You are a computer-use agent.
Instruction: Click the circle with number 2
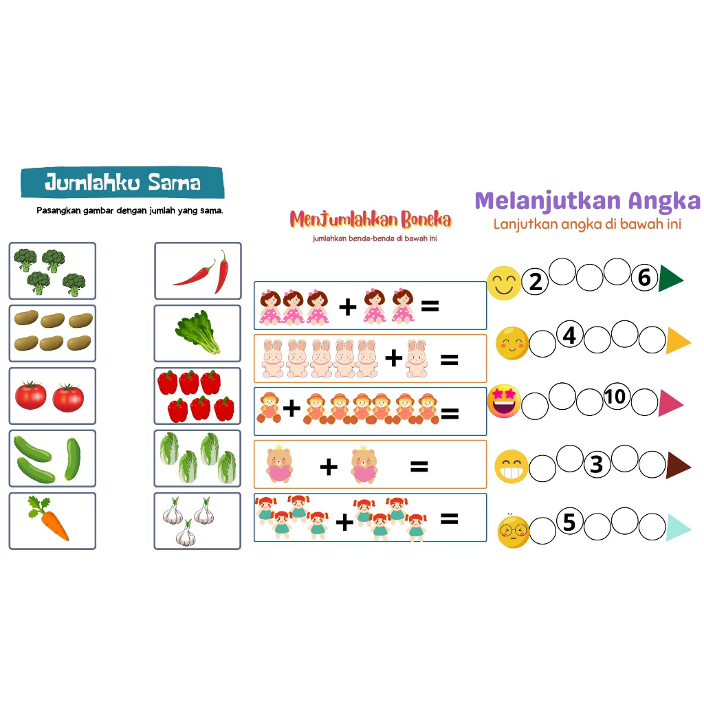tap(536, 281)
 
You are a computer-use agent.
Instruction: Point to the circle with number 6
tap(644, 277)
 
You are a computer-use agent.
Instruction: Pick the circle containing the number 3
tap(597, 464)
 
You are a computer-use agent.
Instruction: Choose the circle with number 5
tap(569, 522)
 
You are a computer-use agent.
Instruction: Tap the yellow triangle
tap(676, 341)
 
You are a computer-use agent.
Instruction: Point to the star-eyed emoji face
tap(504, 402)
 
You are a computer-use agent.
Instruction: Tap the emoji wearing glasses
tap(513, 531)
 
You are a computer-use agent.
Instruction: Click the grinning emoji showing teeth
tap(511, 467)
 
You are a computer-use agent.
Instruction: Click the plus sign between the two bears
tap(329, 467)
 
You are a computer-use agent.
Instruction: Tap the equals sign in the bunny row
tap(448, 359)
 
